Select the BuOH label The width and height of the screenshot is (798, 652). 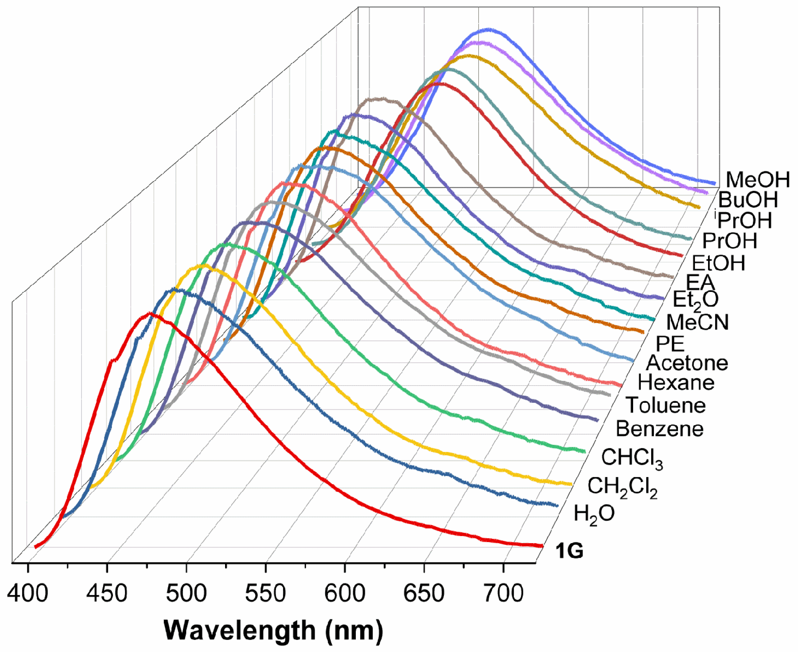pos(747,200)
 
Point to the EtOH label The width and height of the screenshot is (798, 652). pos(718,263)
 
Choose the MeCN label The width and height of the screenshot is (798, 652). pos(698,322)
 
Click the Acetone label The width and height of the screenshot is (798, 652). pos(687,363)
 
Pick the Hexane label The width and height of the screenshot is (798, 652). pos(676,383)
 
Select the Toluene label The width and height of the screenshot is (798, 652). pos(666,405)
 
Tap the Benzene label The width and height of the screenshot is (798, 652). pos(659,429)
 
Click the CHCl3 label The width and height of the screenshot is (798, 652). pos(632,459)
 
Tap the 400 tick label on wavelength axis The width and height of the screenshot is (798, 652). pos(27,594)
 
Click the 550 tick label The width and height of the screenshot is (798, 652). pos(266,594)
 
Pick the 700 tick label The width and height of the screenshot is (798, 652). pos(503,594)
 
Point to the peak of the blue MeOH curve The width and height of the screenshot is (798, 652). pos(488,29)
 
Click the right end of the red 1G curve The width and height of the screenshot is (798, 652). pos(541,546)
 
